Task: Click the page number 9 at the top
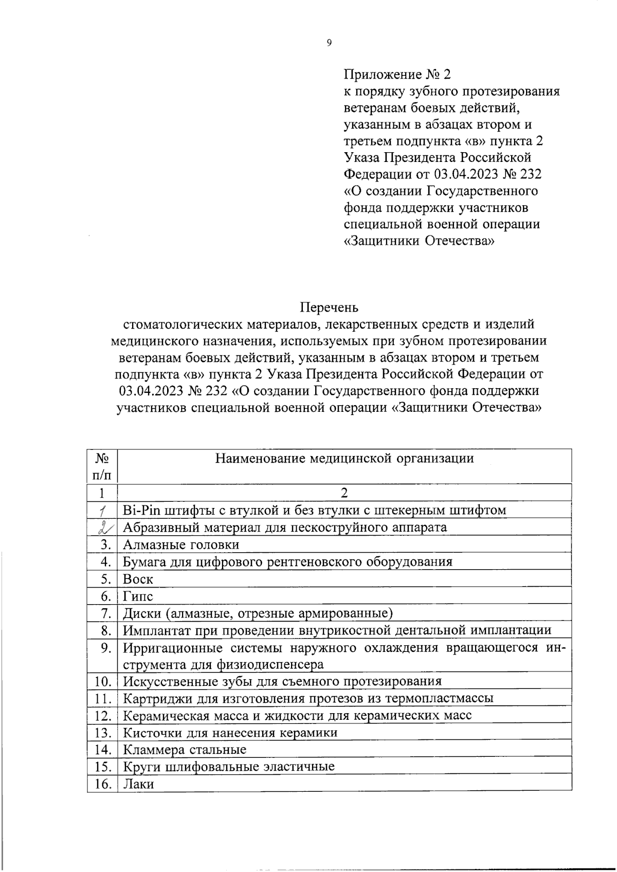click(x=329, y=43)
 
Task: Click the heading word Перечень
click(x=329, y=307)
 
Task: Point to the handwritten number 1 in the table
click(x=103, y=511)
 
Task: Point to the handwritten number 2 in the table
click(x=105, y=527)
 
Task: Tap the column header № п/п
click(x=102, y=466)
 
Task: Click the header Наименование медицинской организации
click(x=344, y=458)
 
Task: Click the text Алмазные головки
click(x=181, y=544)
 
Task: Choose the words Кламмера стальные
click(x=185, y=750)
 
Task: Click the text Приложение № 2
click(x=396, y=75)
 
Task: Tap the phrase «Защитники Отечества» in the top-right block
click(x=419, y=241)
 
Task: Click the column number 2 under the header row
click(x=344, y=493)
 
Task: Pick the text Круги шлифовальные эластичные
click(x=229, y=767)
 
